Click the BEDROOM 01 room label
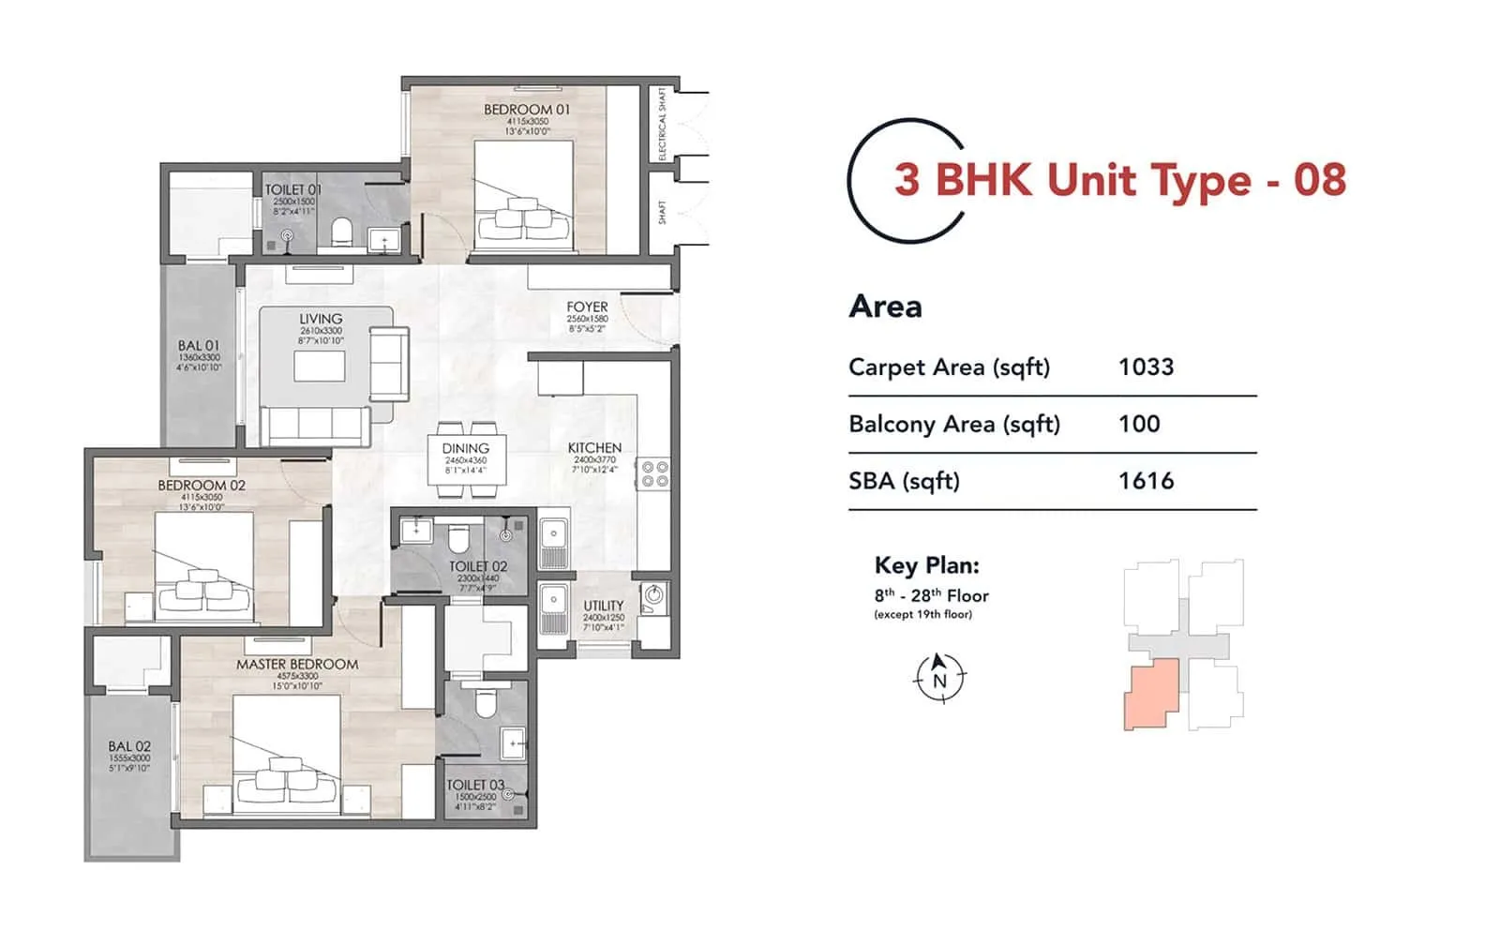pos(526,110)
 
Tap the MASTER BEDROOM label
pos(296,664)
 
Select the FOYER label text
pos(587,307)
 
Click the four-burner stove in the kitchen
pos(653,474)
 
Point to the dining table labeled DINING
pos(466,459)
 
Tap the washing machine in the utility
pos(653,595)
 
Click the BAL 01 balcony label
pos(198,346)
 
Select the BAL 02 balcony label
pos(129,747)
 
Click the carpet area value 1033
pos(1146,367)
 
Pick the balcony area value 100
pos(1139,424)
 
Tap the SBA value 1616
pos(1146,481)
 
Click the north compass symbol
pos(939,677)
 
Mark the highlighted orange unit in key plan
pos(1150,695)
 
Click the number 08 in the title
pos(1320,180)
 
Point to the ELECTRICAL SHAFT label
pos(662,124)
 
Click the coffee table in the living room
pos(320,366)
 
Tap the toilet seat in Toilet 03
pos(485,703)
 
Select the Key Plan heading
pos(926,565)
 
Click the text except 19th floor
pos(922,615)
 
